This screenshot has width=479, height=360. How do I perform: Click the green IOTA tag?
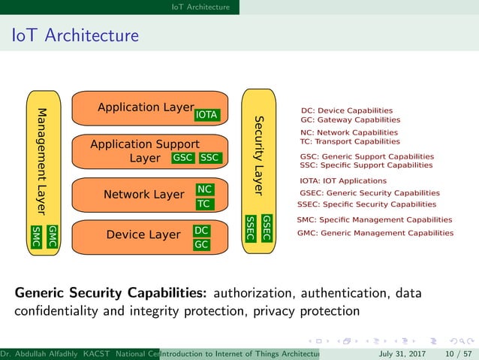pos(206,115)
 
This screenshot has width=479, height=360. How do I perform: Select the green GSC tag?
pos(183,158)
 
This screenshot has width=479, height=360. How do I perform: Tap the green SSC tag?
pos(210,158)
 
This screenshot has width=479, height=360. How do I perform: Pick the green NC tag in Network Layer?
pos(204,189)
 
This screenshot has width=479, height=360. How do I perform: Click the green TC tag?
pos(203,204)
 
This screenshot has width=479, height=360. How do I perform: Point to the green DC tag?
pos(201,231)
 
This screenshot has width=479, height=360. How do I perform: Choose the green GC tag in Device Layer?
pos(201,244)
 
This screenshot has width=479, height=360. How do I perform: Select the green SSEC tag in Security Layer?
pos(251,228)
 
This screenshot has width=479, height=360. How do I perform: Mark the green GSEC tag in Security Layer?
pos(267,228)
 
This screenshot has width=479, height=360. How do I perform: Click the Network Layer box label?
pos(143,195)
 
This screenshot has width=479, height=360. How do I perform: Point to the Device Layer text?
pos(143,235)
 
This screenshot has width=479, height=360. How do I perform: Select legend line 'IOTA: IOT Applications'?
pos(343,181)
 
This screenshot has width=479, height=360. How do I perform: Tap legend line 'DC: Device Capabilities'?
pos(346,110)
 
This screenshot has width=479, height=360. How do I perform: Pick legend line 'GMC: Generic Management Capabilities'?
pos(375,233)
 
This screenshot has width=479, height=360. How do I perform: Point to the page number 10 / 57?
pos(459,353)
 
